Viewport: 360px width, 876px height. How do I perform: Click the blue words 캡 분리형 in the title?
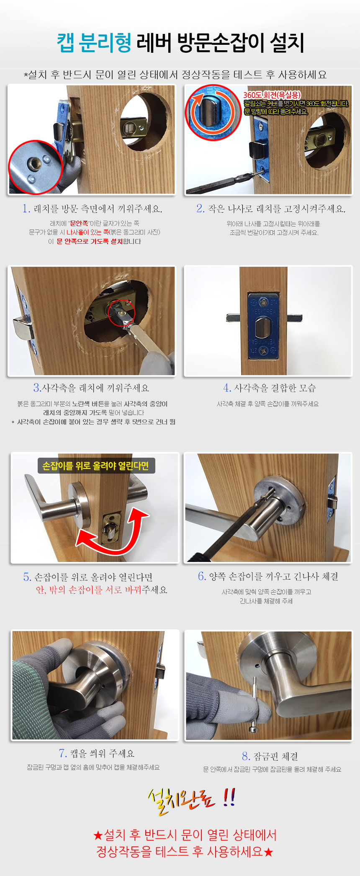[94, 43]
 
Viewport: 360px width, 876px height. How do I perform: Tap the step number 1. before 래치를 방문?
[26, 209]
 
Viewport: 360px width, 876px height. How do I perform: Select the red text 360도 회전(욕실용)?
[272, 95]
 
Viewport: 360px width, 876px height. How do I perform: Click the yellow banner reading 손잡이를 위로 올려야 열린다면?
[96, 466]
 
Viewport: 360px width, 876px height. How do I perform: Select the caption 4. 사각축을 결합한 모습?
[270, 388]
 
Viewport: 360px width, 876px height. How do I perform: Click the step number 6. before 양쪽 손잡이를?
[202, 577]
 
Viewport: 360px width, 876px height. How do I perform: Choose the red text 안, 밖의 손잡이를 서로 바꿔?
[89, 590]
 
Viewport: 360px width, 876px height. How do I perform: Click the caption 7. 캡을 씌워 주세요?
[97, 754]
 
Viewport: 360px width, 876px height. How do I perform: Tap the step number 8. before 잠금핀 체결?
[246, 756]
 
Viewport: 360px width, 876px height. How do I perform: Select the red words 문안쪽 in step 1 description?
[79, 224]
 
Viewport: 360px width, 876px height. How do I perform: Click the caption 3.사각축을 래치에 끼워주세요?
[91, 388]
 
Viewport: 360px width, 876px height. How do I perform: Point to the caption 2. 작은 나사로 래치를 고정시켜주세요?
[271, 209]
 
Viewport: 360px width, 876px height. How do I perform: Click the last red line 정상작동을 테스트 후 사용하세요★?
[185, 852]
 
